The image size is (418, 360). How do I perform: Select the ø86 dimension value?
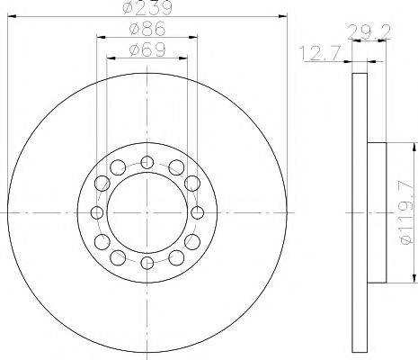coord(146,28)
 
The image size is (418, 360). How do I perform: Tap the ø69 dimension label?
coord(146,48)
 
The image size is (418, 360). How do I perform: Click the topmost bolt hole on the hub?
coord(147,162)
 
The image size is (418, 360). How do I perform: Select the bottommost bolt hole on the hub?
coord(147,263)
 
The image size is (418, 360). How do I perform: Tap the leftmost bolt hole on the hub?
coord(96,212)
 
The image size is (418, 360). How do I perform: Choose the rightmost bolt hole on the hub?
coord(197,212)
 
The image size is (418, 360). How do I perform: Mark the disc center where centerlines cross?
coord(147,212)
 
